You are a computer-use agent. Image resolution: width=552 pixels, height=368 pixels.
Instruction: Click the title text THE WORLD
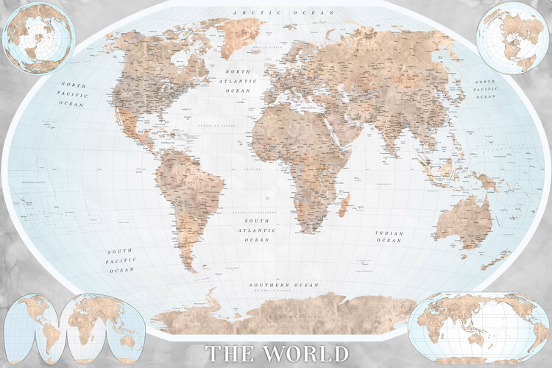[x=277, y=353]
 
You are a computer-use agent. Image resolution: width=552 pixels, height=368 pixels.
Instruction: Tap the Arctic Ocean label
[x=283, y=13]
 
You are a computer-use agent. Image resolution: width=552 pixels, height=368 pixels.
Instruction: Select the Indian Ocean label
[x=389, y=236]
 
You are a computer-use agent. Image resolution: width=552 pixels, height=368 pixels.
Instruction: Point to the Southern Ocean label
[x=284, y=285]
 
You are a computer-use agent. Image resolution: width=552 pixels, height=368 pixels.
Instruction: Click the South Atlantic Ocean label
[x=257, y=230]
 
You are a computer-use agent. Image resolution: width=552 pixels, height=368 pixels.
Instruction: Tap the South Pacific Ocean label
[x=121, y=261]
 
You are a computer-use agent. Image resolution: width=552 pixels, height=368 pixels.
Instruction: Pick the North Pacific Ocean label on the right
[x=486, y=89]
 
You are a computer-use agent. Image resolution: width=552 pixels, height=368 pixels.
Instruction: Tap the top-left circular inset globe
[x=38, y=38]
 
